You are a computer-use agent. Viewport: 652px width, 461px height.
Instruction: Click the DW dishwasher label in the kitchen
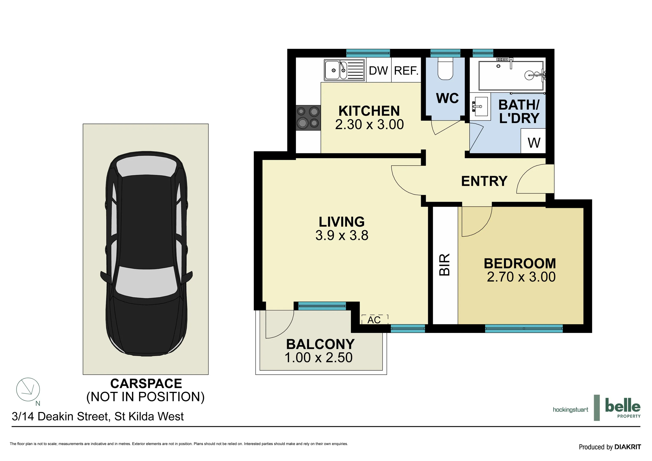pos(378,70)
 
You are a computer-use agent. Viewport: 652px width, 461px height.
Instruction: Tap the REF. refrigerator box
pos(406,70)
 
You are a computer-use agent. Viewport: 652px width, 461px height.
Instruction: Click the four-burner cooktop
pos(308,118)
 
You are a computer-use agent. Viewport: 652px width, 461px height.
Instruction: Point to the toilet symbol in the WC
pos(445,70)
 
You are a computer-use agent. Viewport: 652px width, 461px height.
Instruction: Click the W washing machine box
pos(533,141)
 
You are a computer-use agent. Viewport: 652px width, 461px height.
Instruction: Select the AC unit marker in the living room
pos(374,320)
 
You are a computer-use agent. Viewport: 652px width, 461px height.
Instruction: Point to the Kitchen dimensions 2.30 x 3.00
pos(369,124)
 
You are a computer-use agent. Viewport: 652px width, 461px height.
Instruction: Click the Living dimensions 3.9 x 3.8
pos(342,235)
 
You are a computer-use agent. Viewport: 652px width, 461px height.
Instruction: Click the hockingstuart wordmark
pos(570,410)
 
